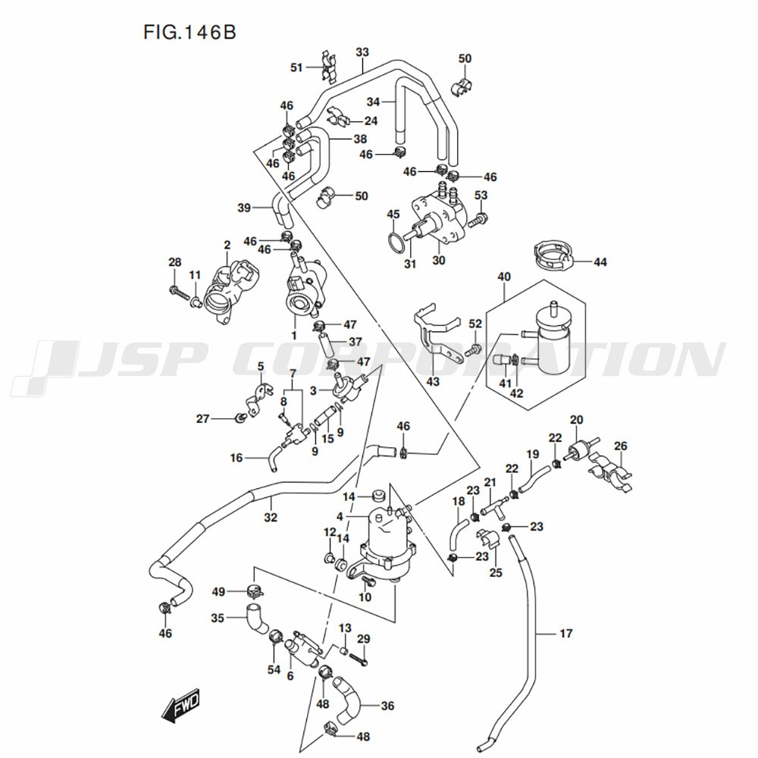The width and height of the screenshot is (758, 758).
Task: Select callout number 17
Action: click(565, 633)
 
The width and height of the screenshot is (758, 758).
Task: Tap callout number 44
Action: click(600, 262)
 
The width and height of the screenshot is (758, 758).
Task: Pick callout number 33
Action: click(362, 52)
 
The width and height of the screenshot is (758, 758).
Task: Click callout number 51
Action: click(296, 67)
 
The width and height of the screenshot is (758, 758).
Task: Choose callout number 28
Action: click(175, 262)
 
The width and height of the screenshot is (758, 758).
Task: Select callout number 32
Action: click(271, 518)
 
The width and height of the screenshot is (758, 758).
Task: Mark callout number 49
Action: click(218, 591)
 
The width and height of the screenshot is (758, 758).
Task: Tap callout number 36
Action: click(387, 706)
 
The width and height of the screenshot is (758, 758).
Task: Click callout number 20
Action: click(577, 420)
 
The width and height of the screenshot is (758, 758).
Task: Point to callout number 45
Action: click(393, 215)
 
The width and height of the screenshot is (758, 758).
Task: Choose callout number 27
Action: click(202, 419)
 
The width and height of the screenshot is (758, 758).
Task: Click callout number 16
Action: click(236, 457)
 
